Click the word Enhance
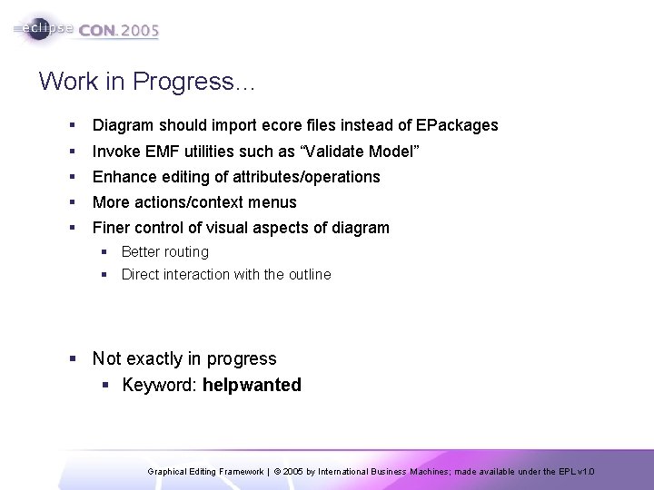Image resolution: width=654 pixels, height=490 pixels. coord(123,176)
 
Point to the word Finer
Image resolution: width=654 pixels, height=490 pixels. coord(112,228)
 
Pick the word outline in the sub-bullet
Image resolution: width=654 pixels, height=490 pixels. coord(308,274)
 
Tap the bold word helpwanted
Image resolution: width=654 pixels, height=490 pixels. coord(252,385)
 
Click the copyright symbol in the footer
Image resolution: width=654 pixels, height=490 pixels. coord(275,472)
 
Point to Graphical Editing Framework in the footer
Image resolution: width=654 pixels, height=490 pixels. coord(206,472)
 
